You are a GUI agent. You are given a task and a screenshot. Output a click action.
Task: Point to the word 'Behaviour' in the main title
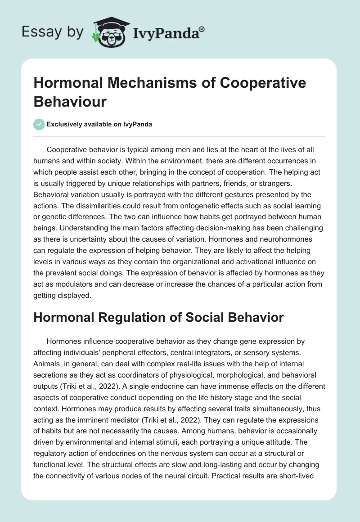[70, 101]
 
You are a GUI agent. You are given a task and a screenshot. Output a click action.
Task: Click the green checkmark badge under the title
[39, 124]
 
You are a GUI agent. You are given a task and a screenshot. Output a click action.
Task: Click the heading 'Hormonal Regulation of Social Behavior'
[159, 317]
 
